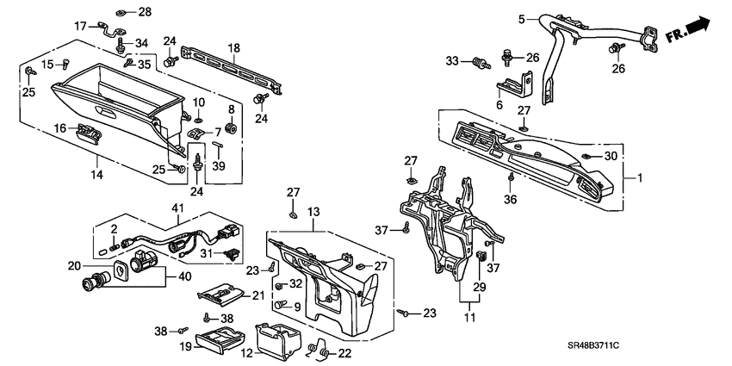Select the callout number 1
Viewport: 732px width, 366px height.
(x=639, y=178)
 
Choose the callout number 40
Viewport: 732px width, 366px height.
(x=183, y=276)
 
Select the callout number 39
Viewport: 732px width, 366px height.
(x=219, y=166)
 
